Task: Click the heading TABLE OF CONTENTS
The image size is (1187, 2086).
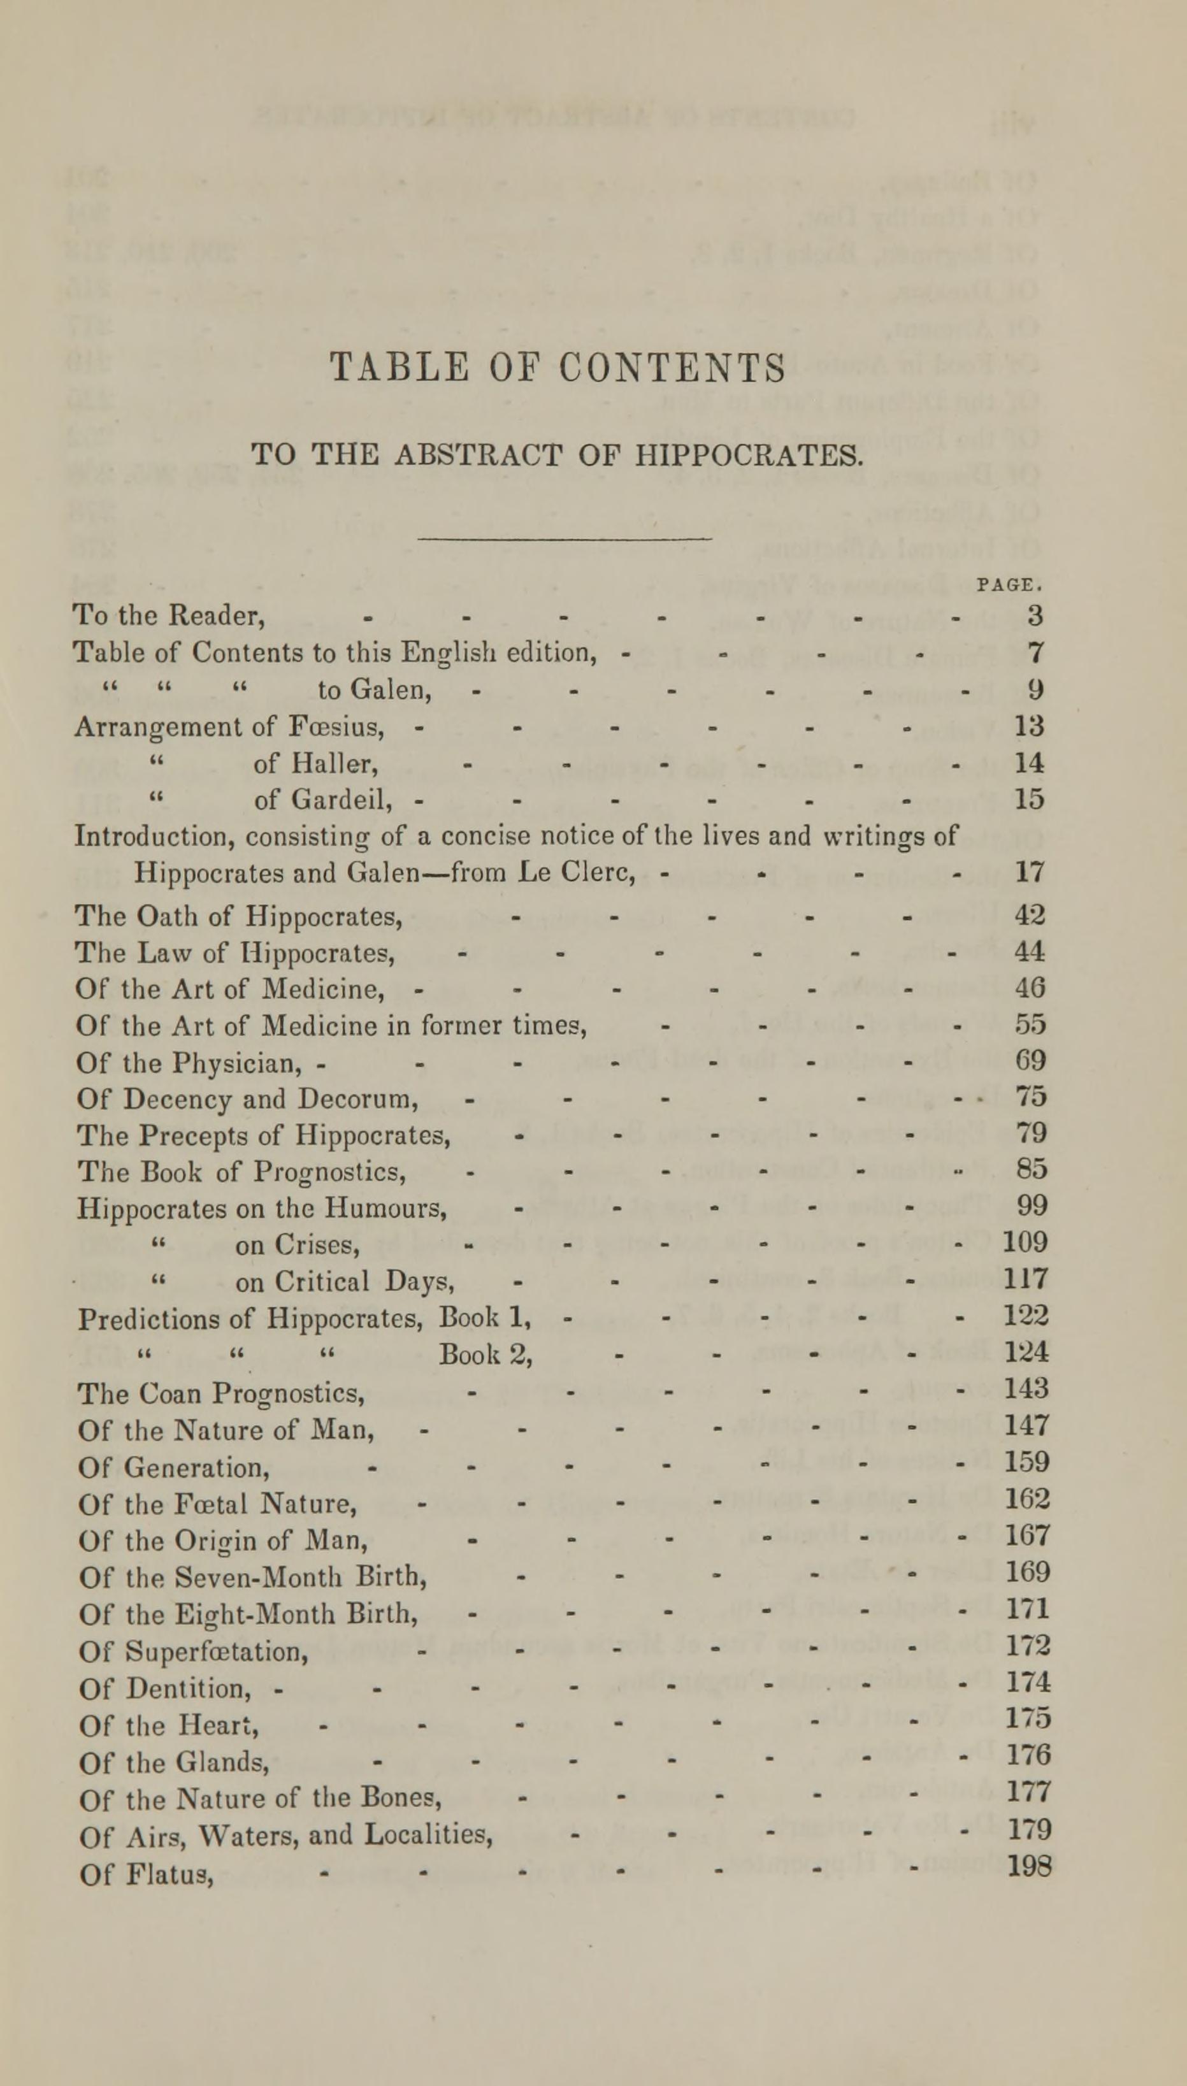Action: [558, 368]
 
